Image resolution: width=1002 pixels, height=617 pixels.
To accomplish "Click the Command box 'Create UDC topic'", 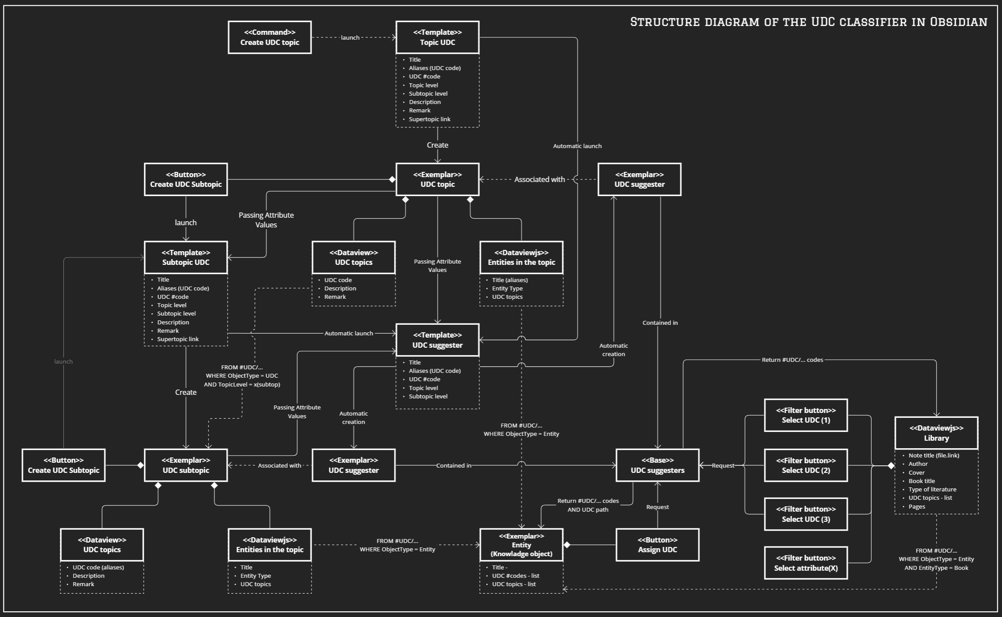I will click(x=269, y=37).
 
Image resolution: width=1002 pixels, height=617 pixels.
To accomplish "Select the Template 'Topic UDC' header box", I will click(x=437, y=37).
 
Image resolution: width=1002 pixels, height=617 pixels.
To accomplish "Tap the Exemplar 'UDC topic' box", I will click(x=437, y=179).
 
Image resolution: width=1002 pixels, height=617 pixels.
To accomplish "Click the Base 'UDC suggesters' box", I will click(x=657, y=465).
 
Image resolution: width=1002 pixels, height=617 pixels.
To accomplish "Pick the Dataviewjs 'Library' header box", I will click(x=936, y=433).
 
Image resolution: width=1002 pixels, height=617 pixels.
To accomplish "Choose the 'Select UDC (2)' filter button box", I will click(x=806, y=465).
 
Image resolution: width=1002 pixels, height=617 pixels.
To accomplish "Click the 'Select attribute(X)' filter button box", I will click(x=806, y=563).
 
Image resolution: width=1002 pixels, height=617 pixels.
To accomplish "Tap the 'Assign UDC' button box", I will click(x=657, y=545).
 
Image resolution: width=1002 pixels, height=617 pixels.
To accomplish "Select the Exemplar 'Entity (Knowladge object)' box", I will click(x=521, y=545).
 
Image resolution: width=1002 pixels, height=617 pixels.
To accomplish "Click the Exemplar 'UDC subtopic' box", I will click(x=186, y=465).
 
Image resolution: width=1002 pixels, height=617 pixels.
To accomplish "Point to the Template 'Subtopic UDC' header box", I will click(x=186, y=257).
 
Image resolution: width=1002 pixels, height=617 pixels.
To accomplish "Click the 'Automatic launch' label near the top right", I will click(x=577, y=146).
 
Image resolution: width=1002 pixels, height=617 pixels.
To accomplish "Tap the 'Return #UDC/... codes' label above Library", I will click(x=792, y=360).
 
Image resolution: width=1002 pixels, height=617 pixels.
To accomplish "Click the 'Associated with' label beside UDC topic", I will click(x=539, y=179).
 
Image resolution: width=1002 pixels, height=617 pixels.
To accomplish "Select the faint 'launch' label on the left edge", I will click(x=63, y=361).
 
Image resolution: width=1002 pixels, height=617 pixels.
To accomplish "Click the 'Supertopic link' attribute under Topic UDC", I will click(x=429, y=119).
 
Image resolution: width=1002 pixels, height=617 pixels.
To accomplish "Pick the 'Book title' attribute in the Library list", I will click(x=921, y=481).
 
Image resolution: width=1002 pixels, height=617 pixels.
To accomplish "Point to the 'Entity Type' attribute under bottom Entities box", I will click(x=255, y=576).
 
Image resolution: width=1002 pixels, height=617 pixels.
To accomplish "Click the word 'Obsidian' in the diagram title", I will click(x=958, y=22).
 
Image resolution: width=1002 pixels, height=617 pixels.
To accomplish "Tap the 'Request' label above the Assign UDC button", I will click(x=657, y=507).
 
